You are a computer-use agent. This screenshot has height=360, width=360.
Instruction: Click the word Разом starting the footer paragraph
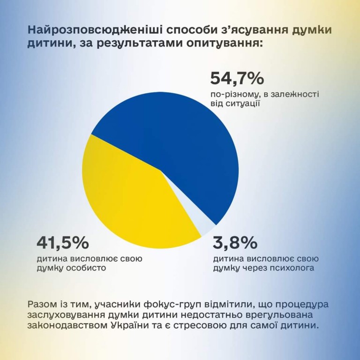click(x=41, y=303)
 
